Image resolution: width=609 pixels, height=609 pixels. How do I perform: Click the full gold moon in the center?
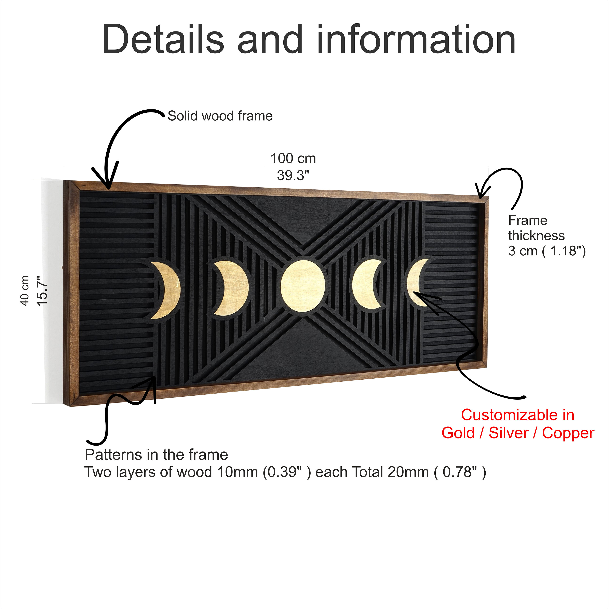[x=303, y=286]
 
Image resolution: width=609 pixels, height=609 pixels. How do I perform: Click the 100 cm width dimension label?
[x=293, y=158]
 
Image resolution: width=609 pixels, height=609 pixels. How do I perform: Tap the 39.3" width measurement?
[x=293, y=175]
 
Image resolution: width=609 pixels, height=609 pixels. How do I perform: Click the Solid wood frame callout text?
[x=220, y=116]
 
